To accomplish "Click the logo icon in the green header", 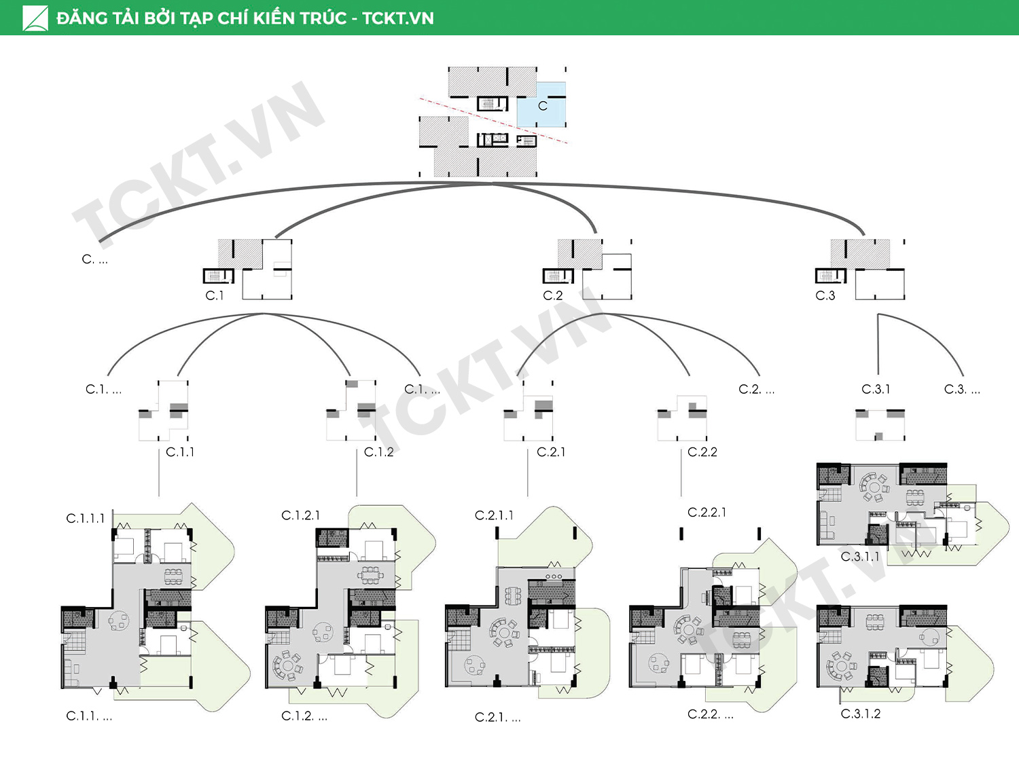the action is [x=35, y=18].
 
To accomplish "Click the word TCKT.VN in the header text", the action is [x=398, y=18].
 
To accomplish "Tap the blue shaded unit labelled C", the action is [x=541, y=105].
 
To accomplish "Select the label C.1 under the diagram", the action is [x=215, y=295].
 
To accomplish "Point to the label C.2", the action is [x=553, y=295].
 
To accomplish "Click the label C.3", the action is [x=825, y=295].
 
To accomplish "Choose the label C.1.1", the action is [x=180, y=452].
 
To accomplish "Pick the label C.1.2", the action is [x=378, y=452].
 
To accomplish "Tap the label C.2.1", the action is [x=551, y=452].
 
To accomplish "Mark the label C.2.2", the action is [x=702, y=452].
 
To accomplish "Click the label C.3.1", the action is [x=876, y=389].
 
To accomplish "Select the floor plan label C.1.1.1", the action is [x=86, y=518].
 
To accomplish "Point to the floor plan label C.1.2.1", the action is [x=300, y=515].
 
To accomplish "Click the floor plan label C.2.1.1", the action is [x=494, y=515].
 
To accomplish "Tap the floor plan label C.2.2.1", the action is [x=707, y=512].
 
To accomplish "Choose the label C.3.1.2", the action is [x=861, y=714].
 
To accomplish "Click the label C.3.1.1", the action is [x=860, y=557].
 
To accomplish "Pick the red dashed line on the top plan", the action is [x=493, y=120].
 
